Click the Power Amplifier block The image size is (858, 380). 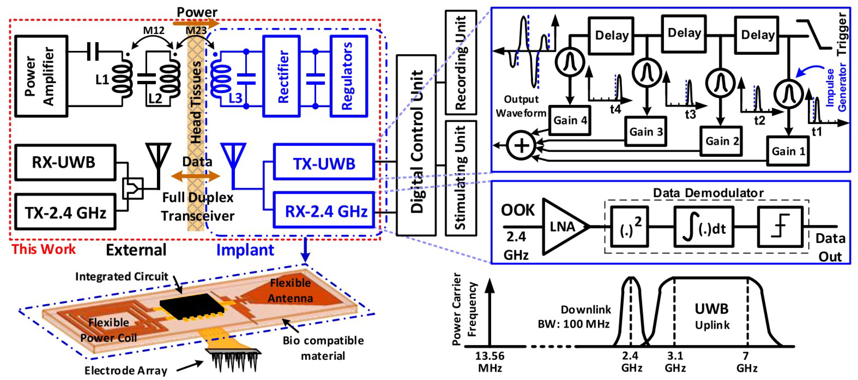(41, 76)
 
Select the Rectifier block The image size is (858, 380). (281, 76)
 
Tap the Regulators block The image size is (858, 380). (349, 76)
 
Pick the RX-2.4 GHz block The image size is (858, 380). (324, 210)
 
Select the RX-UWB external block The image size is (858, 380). (65, 162)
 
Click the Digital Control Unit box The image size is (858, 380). (416, 145)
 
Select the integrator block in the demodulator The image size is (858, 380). (704, 227)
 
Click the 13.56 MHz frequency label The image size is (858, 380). (489, 362)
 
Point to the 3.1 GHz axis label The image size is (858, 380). (675, 362)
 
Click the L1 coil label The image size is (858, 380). (102, 80)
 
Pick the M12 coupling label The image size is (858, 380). (154, 31)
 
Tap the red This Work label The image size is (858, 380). (44, 249)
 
